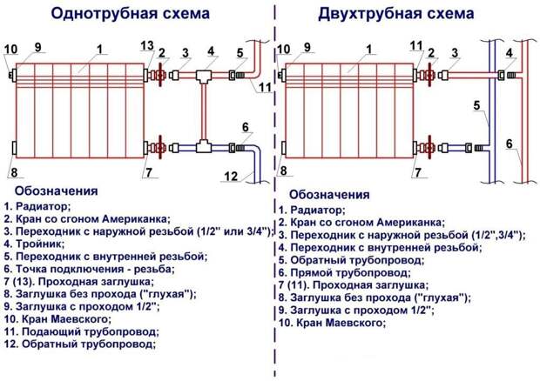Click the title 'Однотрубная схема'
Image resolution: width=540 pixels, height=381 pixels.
pos(130,14)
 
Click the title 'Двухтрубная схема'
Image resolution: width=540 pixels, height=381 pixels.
pos(396,14)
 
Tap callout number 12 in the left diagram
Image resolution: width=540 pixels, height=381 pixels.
pos(230,177)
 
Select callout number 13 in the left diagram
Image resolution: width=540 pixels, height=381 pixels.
pos(146,46)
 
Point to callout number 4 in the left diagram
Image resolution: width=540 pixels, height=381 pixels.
pos(211,51)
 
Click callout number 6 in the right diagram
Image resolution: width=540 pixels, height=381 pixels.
pos(510,143)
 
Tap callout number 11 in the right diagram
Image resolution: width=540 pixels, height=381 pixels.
pos(416,46)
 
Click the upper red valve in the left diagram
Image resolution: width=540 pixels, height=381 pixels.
pos(160,76)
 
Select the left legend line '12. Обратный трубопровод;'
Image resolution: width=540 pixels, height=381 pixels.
pos(80,344)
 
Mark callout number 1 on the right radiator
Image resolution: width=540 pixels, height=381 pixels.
pos(371,50)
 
